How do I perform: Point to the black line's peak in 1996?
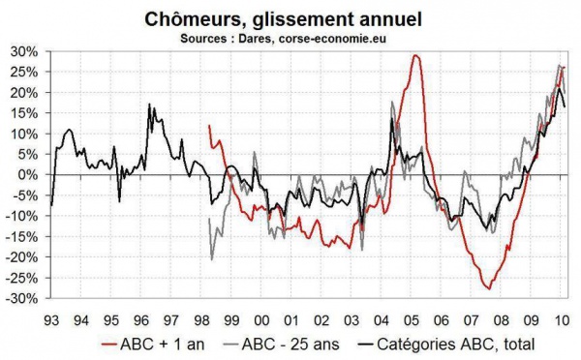tap(150, 105)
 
